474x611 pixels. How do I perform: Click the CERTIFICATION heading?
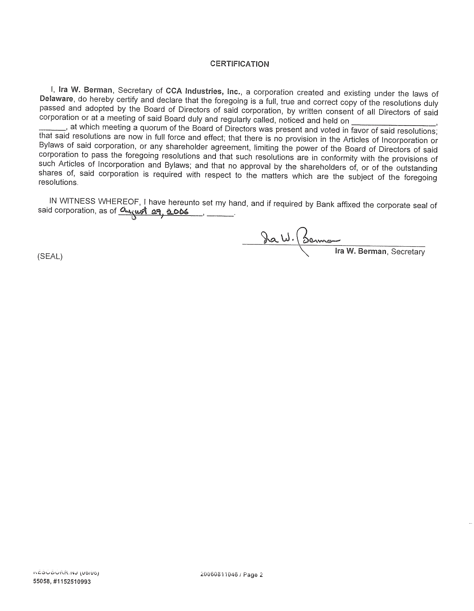pyautogui.click(x=240, y=64)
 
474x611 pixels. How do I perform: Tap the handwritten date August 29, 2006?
pyautogui.click(x=154, y=212)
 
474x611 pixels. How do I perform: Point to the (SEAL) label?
pyautogui.click(x=50, y=256)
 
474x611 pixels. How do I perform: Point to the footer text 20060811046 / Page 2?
pyautogui.click(x=231, y=575)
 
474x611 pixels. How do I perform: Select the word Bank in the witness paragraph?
pyautogui.click(x=325, y=204)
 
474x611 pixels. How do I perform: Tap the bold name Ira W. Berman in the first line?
pyautogui.click(x=86, y=90)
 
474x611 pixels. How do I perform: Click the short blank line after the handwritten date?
pyautogui.click(x=220, y=214)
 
